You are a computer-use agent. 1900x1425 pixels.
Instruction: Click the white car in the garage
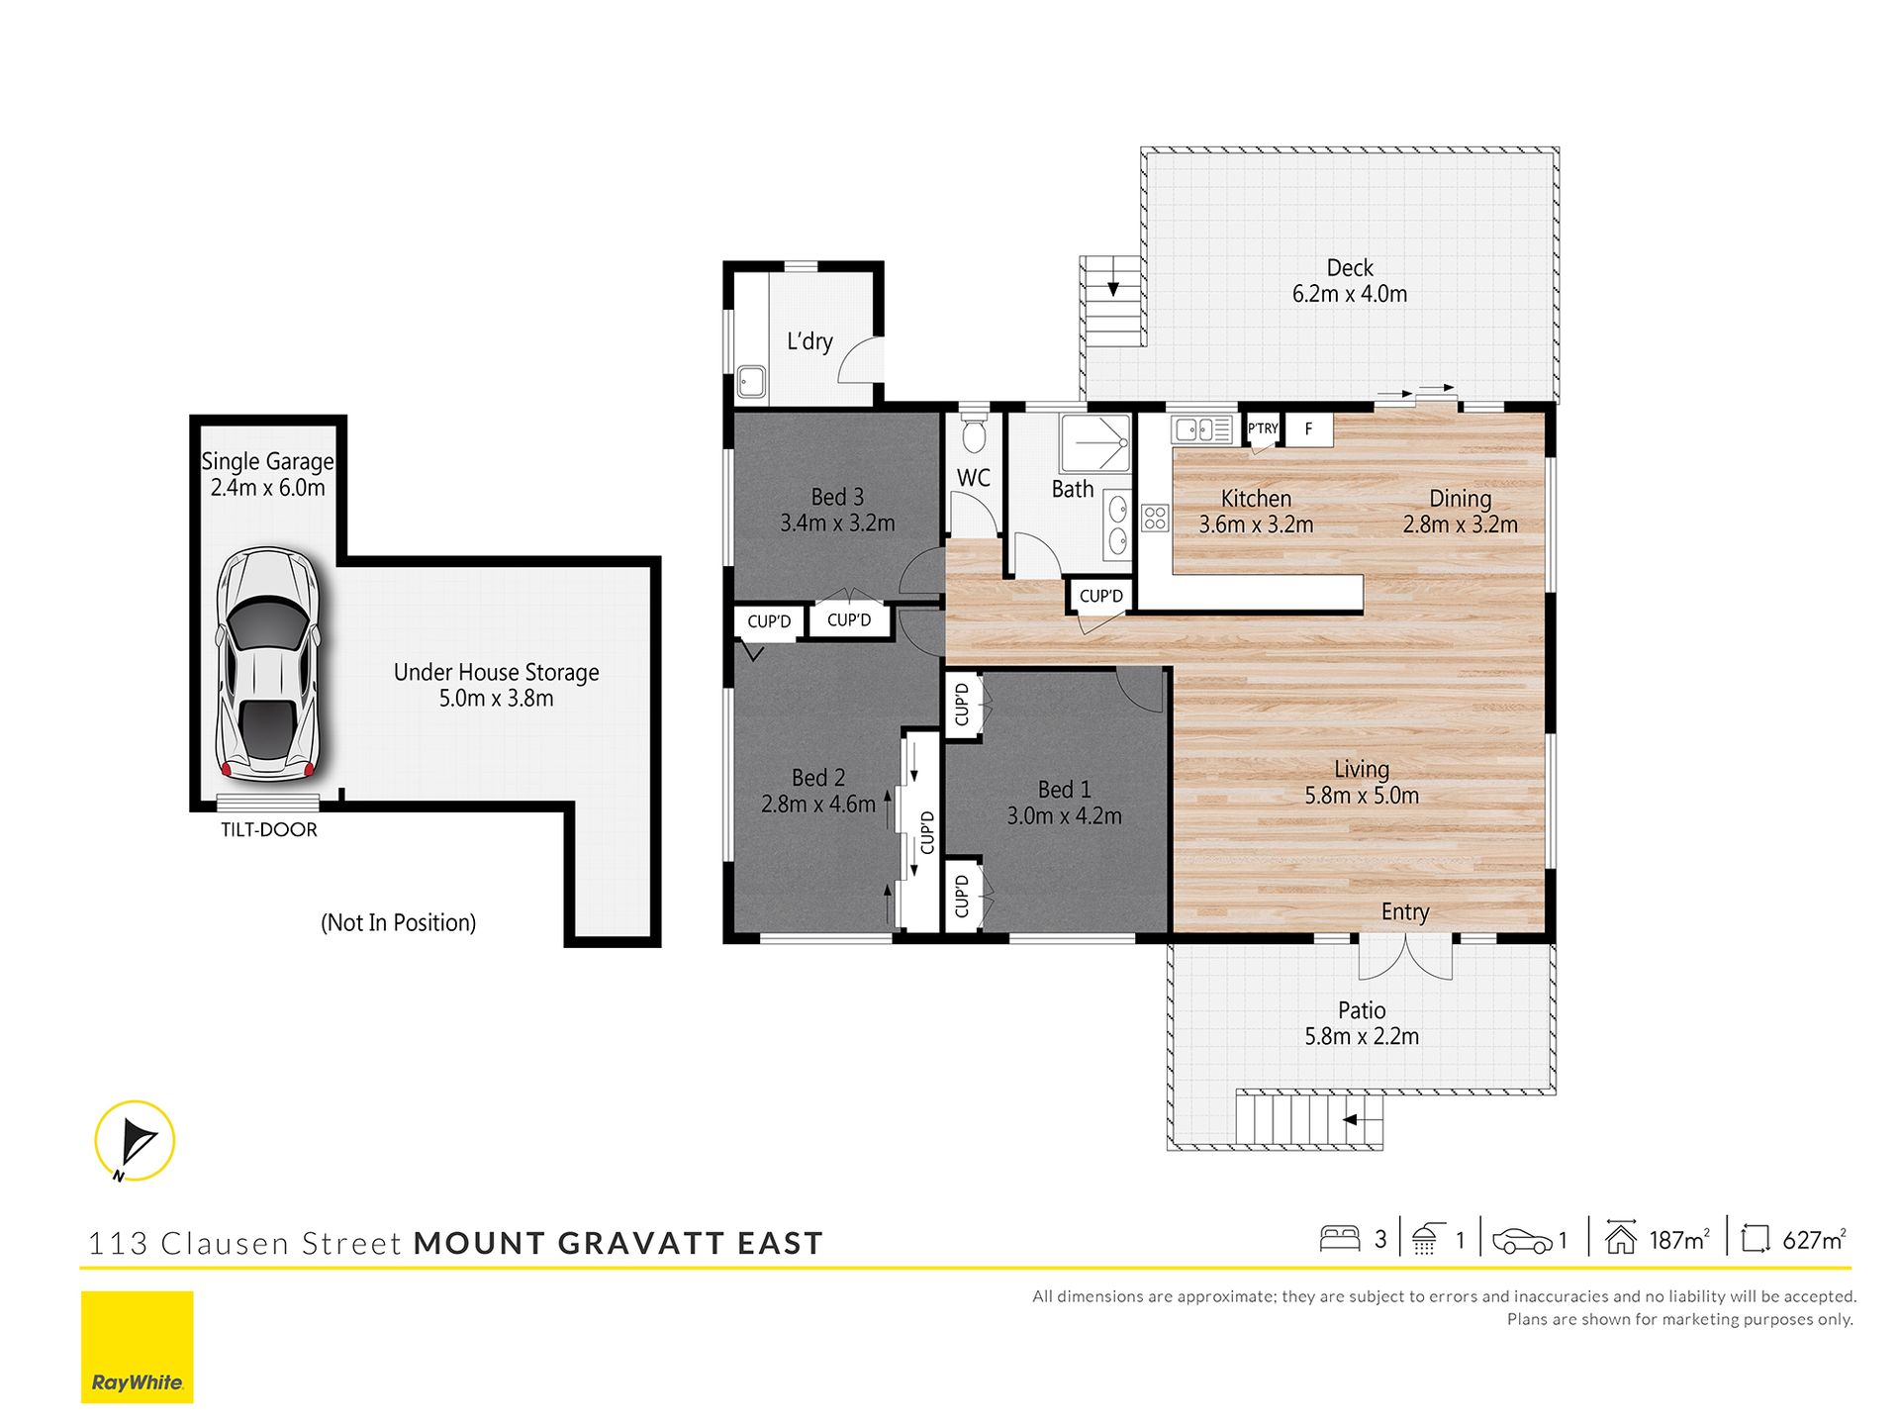tap(268, 664)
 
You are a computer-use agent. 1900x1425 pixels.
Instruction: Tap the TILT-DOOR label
tap(269, 830)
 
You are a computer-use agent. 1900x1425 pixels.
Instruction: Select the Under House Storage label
tap(497, 673)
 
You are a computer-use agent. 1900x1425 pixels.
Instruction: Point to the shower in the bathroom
tap(1094, 442)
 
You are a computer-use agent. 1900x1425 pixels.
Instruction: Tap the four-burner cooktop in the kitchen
tap(1155, 518)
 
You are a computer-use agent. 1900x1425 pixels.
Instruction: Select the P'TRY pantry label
tap(1263, 428)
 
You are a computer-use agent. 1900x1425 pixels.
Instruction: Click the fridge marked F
tap(1308, 429)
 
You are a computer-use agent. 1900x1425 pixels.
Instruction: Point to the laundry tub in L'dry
tap(751, 383)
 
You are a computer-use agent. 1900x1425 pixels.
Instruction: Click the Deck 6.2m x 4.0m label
tap(1350, 281)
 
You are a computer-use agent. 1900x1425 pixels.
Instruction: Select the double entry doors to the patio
tap(1405, 957)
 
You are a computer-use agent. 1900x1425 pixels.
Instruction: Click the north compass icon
tap(135, 1141)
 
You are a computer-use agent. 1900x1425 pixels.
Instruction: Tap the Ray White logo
tap(138, 1347)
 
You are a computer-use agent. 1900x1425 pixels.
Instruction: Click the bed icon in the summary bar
tap(1340, 1239)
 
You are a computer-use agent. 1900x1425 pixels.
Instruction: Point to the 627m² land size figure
tap(1814, 1239)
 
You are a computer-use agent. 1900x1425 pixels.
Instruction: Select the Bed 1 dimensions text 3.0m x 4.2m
tap(1065, 816)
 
